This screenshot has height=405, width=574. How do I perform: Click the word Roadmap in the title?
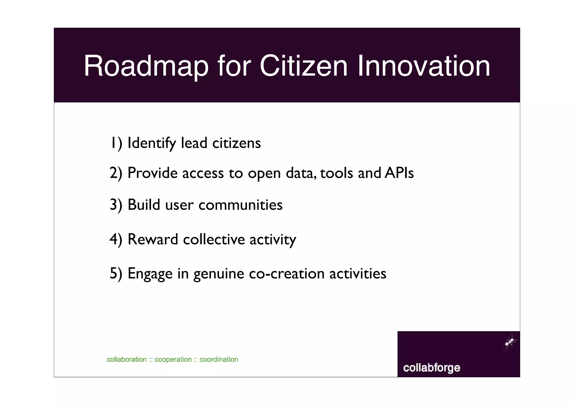coord(146,66)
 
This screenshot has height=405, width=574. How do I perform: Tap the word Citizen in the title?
coord(304,66)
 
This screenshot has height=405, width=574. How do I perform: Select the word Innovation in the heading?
coord(424,66)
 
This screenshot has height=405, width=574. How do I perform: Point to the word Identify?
coord(152,143)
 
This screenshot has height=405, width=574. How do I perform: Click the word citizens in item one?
coord(237,143)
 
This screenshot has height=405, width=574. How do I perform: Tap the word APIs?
coord(399,173)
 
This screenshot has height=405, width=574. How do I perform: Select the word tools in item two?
coord(337,173)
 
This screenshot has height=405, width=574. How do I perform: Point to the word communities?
coord(240,205)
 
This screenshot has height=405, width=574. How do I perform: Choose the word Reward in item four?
coord(153,239)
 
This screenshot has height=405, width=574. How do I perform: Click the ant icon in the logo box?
coord(510,342)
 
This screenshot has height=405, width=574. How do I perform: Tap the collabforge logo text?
coord(432,368)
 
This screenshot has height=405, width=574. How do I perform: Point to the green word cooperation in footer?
coord(173,360)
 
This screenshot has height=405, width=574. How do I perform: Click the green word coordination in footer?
coord(219,360)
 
